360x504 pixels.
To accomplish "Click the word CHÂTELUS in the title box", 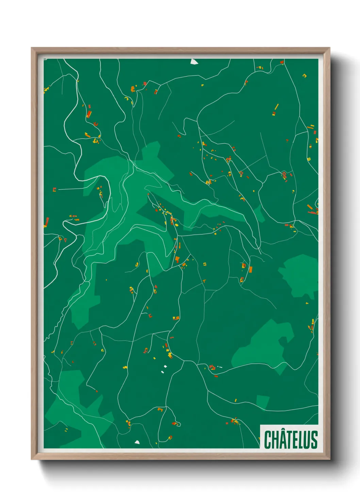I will click(x=291, y=439).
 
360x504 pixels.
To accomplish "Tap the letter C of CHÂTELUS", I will click(x=268, y=439).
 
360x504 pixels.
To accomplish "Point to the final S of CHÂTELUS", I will click(x=314, y=439).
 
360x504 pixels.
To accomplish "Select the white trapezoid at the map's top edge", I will click(x=194, y=62).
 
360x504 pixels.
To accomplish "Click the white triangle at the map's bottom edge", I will click(x=137, y=442).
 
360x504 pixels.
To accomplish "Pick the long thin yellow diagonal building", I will click(x=276, y=107).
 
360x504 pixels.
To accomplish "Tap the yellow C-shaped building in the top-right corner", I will click(x=305, y=76).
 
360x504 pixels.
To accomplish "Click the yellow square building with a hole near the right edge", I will click(x=309, y=159).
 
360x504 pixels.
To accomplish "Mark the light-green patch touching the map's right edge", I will click(x=299, y=276).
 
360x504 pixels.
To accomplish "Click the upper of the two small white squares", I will click(x=165, y=366).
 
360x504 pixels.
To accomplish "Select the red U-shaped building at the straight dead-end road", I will click(x=54, y=189).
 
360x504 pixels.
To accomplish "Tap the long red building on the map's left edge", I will click(x=46, y=222).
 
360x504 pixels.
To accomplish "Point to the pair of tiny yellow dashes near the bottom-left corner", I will click(x=66, y=430).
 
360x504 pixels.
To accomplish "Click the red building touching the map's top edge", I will click(x=282, y=62).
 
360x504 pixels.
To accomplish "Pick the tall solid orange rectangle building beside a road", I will click(x=250, y=270).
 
